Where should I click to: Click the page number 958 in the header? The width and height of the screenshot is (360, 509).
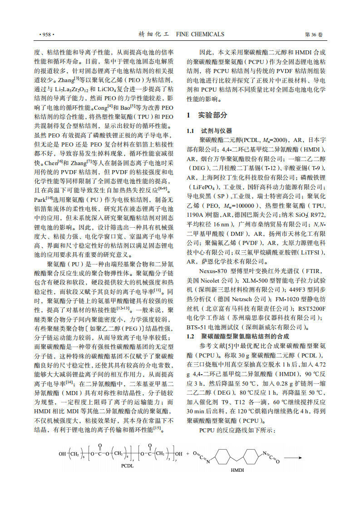(47, 34)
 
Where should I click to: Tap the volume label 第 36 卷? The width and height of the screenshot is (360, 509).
(313, 34)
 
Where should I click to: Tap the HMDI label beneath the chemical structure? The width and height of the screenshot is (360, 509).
(237, 470)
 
